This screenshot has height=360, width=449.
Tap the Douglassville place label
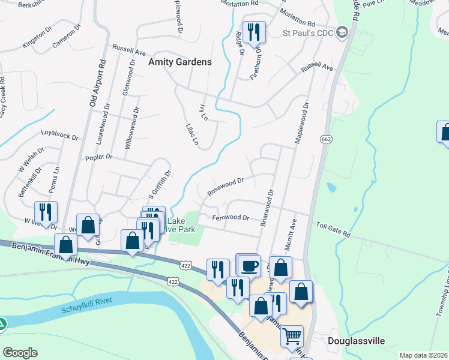point(356,341)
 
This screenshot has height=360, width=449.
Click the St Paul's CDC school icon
point(343,32)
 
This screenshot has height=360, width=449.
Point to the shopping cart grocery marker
point(292,337)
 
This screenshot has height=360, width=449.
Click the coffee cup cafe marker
point(250,265)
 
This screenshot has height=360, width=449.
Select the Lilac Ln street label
point(192,134)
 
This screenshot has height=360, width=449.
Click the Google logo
point(20,352)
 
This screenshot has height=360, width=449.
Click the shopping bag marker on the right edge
point(445,133)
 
